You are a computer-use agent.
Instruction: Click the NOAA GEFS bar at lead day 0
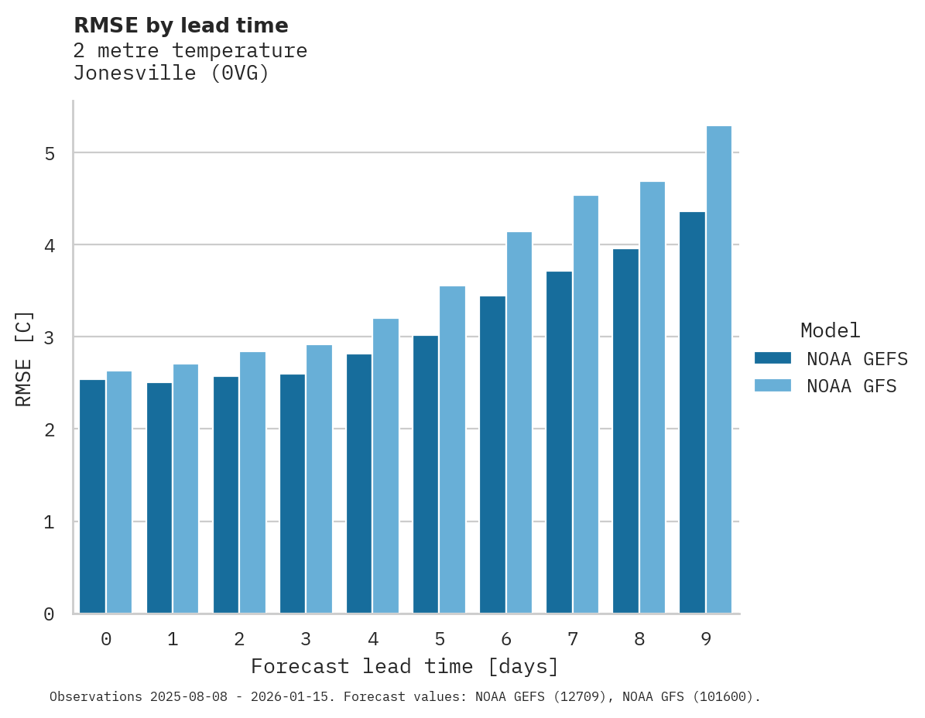93,497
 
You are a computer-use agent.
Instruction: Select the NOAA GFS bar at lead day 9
719,370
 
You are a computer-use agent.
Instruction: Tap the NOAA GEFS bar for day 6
492,455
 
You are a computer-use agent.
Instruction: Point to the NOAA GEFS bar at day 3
293,494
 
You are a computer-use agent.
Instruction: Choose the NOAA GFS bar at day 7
586,405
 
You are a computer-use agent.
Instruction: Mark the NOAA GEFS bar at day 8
625,431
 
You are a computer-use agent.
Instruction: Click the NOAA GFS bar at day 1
186,489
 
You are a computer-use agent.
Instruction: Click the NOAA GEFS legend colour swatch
773,358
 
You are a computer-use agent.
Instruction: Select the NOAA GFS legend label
851,386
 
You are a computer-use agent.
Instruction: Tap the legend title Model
830,330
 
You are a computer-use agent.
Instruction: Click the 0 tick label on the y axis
49,614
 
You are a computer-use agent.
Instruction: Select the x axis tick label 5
440,640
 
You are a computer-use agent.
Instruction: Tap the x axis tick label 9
706,640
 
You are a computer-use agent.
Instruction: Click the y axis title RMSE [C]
24,358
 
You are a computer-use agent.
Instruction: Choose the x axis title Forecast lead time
404,667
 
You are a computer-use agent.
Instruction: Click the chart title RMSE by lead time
180,26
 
